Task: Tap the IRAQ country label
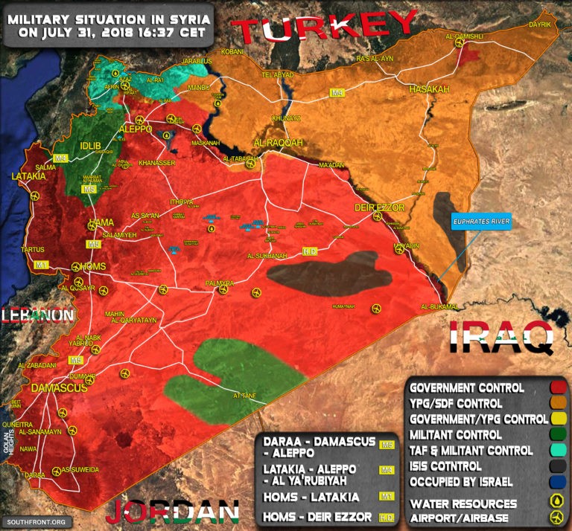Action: [x=501, y=337]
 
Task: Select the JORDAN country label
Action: [x=172, y=513]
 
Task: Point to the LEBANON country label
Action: [x=37, y=315]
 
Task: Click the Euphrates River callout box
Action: [x=481, y=222]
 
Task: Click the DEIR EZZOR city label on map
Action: [x=384, y=207]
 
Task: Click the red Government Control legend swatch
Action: [x=556, y=387]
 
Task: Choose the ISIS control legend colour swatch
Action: [x=556, y=466]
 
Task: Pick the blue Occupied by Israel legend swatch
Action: [x=556, y=481]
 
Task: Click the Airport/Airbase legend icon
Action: [x=556, y=518]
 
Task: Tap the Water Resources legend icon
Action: [x=556, y=503]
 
